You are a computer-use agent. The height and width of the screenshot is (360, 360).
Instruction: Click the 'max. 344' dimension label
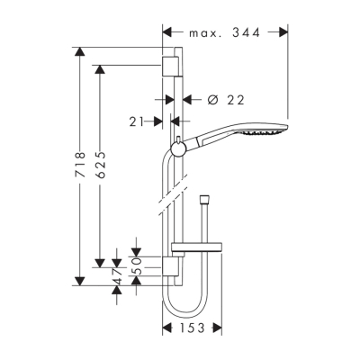[x=224, y=33]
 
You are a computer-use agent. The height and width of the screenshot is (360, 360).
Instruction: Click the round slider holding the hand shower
[x=179, y=147]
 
